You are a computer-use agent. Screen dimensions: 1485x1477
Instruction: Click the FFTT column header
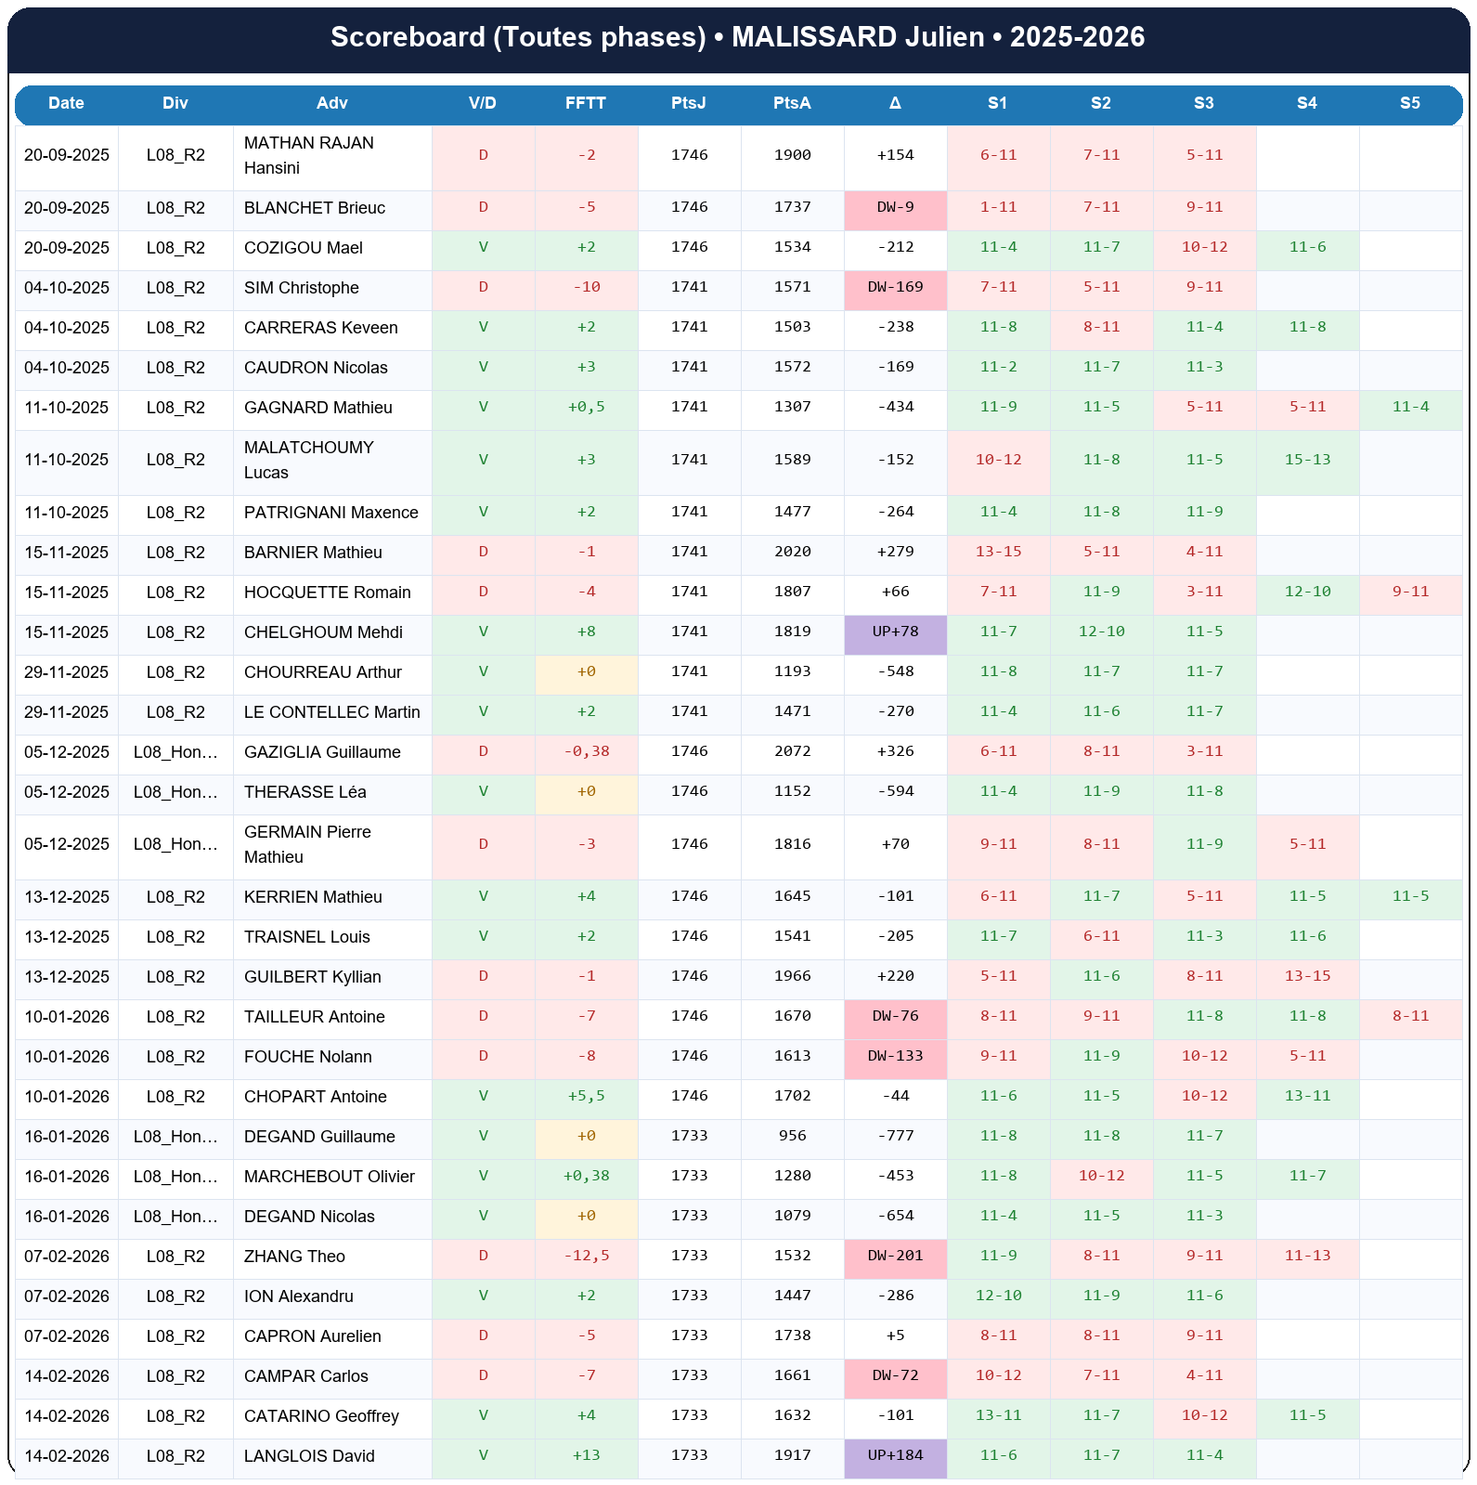586,103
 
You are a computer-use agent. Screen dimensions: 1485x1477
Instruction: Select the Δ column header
895,103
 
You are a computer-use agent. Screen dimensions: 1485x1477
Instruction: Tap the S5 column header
1409,103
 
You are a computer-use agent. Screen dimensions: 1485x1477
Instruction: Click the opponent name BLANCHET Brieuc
314,208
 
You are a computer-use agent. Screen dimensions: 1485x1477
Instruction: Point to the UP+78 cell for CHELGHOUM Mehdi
895,632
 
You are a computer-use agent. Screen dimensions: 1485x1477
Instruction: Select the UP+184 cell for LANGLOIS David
895,1455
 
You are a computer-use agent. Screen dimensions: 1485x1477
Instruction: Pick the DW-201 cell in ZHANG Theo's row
895,1256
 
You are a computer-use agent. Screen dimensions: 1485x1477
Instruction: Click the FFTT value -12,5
586,1256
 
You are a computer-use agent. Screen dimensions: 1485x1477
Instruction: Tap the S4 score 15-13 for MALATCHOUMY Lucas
1306,460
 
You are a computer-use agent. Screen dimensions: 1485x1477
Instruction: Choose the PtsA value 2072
792,751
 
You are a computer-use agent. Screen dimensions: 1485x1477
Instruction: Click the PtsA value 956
792,1136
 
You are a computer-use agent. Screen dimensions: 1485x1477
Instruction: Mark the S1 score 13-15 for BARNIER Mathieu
998,552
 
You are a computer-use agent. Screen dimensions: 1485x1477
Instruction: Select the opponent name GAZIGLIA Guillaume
322,752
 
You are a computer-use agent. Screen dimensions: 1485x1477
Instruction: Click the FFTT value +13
586,1455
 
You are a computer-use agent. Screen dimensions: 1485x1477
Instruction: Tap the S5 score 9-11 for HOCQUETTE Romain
1409,592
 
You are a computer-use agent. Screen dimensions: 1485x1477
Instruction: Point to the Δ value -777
895,1136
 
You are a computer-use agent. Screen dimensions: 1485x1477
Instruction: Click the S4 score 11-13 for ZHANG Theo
1306,1256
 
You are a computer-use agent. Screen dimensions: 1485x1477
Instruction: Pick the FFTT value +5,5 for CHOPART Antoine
586,1096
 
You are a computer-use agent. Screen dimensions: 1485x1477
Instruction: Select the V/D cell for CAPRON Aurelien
483,1335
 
